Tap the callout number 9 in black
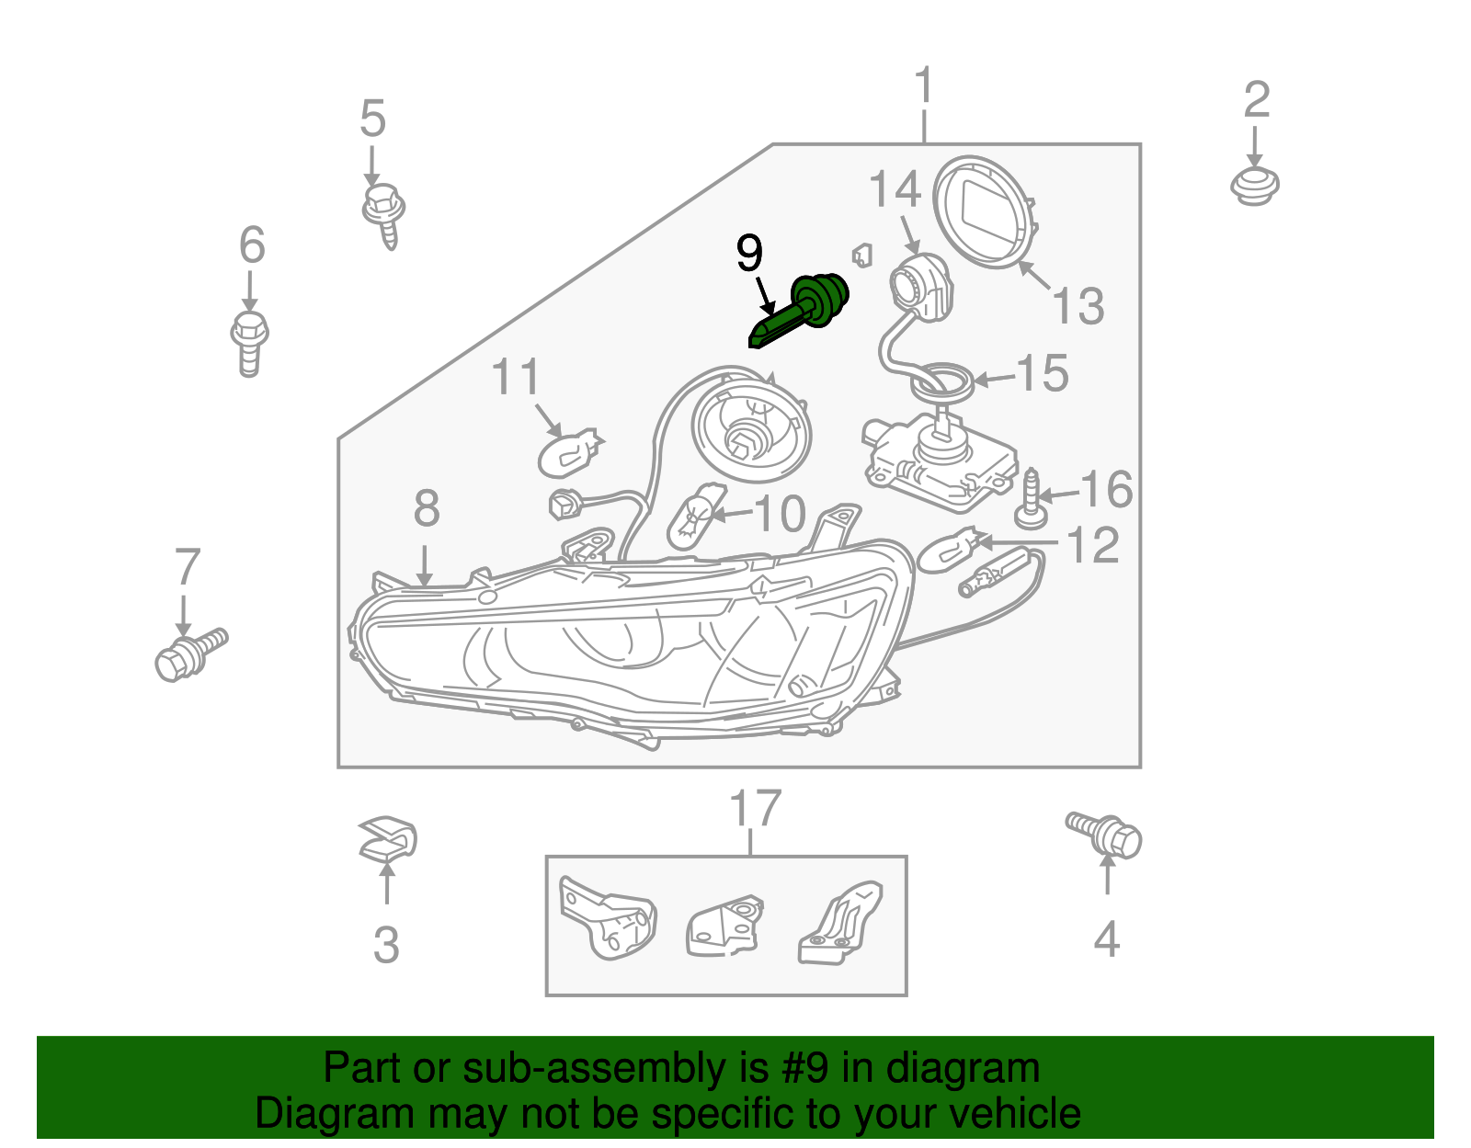(x=749, y=253)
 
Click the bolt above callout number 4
(x=1106, y=833)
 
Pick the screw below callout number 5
(x=384, y=214)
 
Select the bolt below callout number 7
(x=188, y=654)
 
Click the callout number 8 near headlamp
(x=426, y=508)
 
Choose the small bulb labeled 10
(x=693, y=517)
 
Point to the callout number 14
(x=895, y=189)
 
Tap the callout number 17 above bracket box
(x=755, y=808)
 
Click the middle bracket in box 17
(x=725, y=927)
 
